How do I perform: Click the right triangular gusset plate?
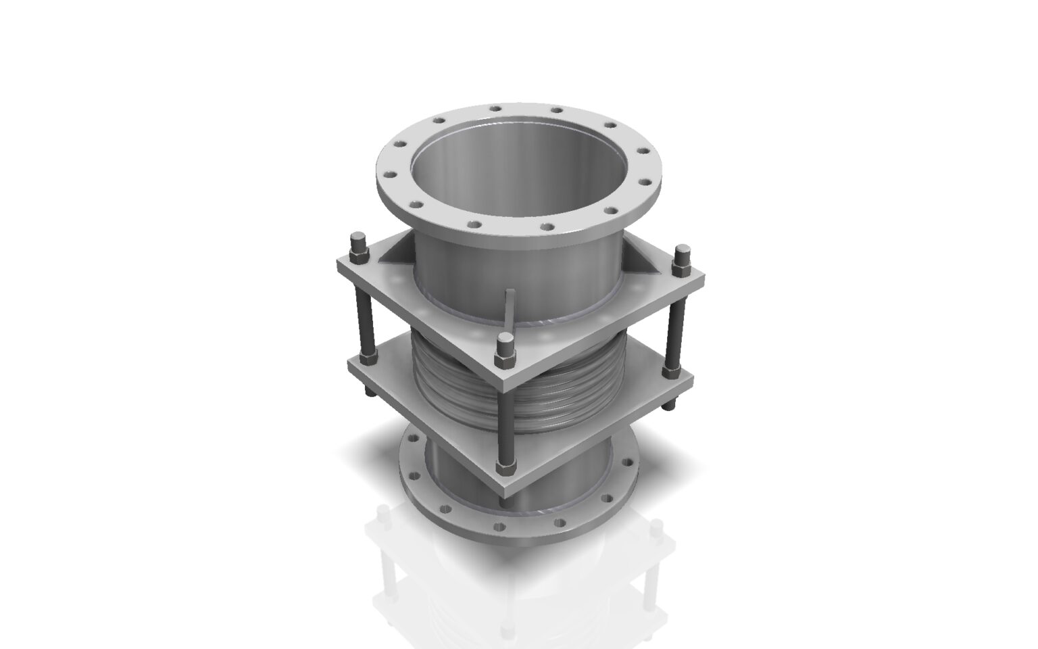643,262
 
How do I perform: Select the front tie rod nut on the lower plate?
505,466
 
